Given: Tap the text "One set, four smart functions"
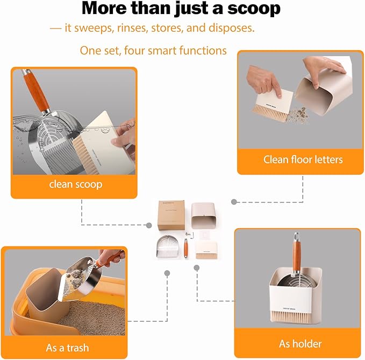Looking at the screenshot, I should [x=153, y=51].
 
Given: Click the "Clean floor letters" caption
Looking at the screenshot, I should [x=303, y=159].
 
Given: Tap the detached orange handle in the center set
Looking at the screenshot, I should [x=186, y=248].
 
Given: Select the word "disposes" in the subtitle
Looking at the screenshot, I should [x=234, y=28].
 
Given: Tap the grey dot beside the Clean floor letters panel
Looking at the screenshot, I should [x=234, y=202].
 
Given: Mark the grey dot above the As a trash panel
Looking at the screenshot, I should [x=167, y=273].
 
